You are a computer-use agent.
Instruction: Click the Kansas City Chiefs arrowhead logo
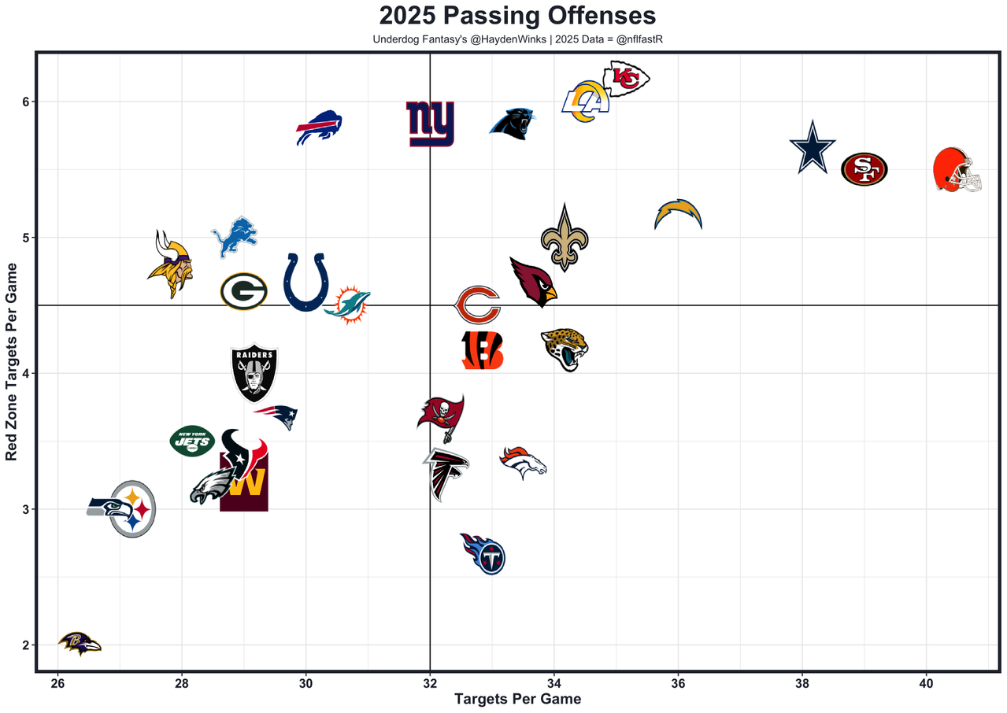(x=626, y=79)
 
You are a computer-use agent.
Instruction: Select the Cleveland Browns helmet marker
(x=957, y=170)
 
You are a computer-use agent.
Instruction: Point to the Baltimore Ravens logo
(x=80, y=644)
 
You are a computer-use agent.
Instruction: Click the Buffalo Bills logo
(x=319, y=127)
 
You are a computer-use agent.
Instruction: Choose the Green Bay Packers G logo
(x=243, y=292)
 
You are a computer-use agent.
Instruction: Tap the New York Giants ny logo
(x=430, y=124)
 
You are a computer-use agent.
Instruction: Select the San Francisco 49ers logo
(x=864, y=169)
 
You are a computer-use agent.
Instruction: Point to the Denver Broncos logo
(x=523, y=463)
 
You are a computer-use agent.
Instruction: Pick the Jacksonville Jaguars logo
(x=565, y=349)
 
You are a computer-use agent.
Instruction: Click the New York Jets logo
(x=192, y=441)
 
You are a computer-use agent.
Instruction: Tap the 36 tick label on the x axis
(x=677, y=681)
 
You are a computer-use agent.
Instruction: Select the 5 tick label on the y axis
(x=24, y=238)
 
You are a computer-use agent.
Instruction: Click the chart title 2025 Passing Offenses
(x=517, y=17)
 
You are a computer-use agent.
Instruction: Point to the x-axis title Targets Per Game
(x=517, y=699)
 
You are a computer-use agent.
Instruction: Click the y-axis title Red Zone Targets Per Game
(x=12, y=373)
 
